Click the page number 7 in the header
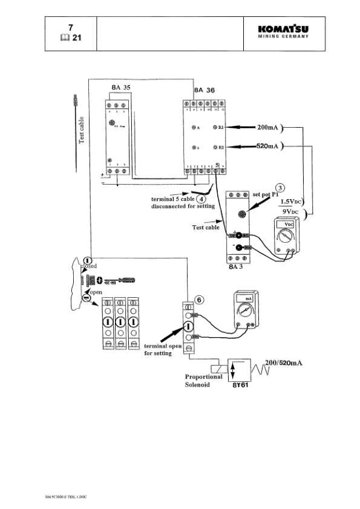[71, 27]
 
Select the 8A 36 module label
[204, 90]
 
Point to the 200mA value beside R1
[269, 128]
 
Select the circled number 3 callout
[280, 188]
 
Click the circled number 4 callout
[202, 198]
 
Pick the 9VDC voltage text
[293, 212]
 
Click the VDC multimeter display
[285, 224]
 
